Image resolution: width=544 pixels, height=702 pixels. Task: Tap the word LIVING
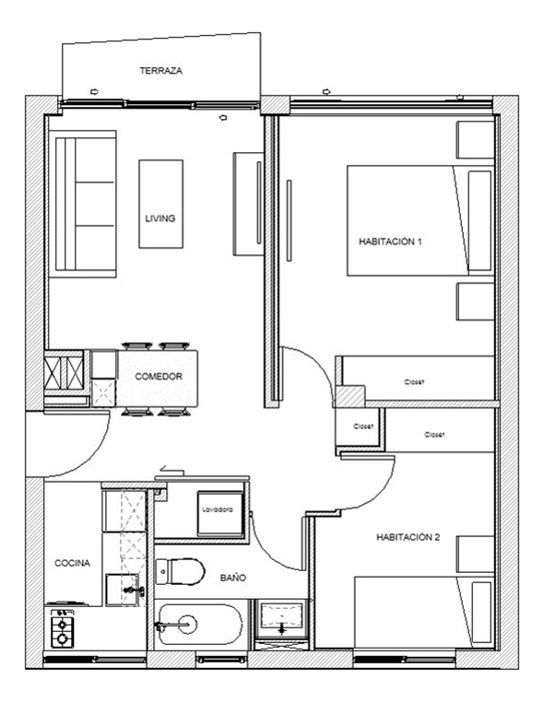160,218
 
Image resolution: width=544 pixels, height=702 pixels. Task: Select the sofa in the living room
83,204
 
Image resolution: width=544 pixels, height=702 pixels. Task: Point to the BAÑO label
232,579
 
